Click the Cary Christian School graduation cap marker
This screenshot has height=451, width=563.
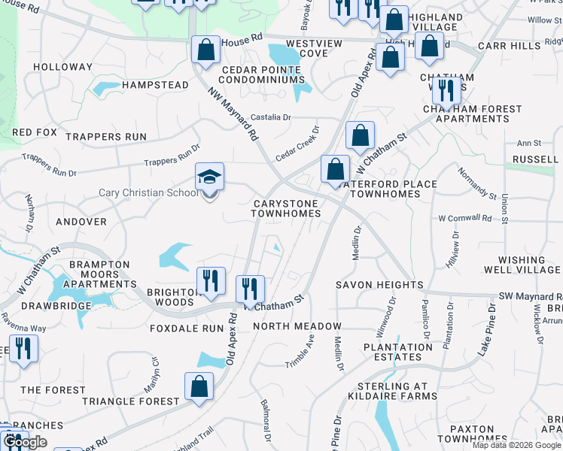coord(210,177)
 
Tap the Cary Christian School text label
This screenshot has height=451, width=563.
coord(149,193)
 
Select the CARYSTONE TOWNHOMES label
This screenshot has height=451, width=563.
coord(286,208)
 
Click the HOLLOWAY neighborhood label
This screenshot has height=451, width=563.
coord(62,67)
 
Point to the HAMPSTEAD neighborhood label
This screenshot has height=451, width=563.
coord(155,85)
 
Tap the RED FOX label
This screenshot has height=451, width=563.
coord(35,132)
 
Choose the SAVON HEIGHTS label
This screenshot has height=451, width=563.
coord(379,285)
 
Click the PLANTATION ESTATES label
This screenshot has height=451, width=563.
coord(397,353)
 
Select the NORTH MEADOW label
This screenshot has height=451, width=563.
coord(297,326)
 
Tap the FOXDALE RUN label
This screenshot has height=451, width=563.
coord(187,328)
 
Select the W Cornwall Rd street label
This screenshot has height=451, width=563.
coord(464,219)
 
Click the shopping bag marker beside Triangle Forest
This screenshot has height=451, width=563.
coord(199,388)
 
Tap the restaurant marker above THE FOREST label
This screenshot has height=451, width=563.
coord(24,350)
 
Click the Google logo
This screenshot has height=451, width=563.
coord(24,443)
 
